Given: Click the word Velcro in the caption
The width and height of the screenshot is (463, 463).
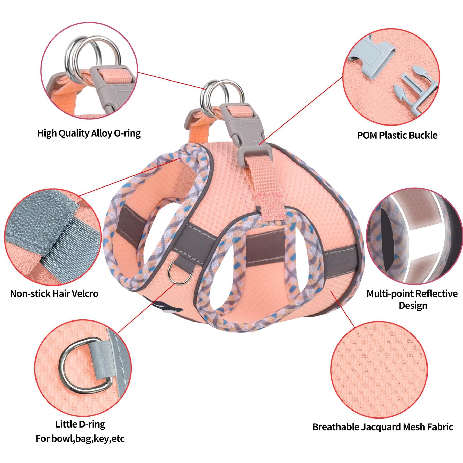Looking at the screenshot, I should (85, 293).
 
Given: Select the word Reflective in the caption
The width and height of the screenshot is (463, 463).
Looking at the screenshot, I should (436, 293).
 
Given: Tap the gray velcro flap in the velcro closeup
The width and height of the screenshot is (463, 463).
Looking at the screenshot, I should (39, 219).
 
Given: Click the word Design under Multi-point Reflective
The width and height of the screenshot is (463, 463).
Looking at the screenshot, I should (413, 306).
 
